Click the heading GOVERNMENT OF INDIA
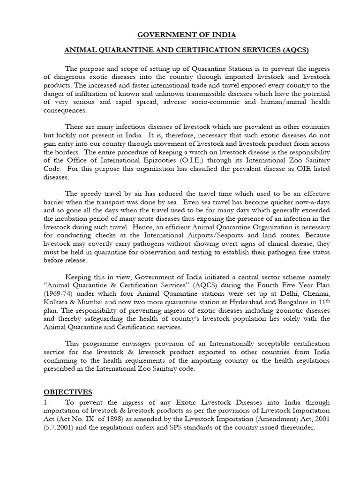180,35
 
